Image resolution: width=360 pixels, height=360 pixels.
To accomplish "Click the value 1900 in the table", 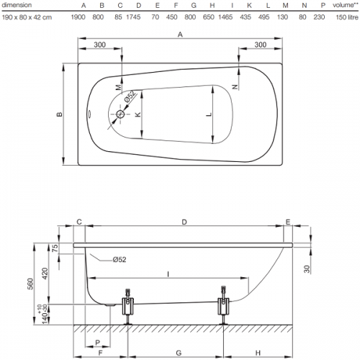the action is tap(78, 17).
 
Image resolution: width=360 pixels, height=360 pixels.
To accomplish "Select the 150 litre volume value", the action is tap(347, 17).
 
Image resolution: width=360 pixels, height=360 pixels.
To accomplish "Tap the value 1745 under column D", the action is tap(133, 17).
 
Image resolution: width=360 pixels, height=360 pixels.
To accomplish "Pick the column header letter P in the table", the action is tap(323, 5).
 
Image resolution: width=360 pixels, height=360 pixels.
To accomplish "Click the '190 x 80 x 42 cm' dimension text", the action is tap(27, 17).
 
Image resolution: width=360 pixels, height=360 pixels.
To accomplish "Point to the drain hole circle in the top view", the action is tap(120, 114).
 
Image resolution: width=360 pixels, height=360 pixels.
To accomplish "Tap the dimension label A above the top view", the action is tap(180, 35).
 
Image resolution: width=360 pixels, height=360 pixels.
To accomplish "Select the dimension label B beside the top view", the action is tap(59, 114).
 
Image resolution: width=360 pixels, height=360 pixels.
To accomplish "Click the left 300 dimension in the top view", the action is tap(99, 45).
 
